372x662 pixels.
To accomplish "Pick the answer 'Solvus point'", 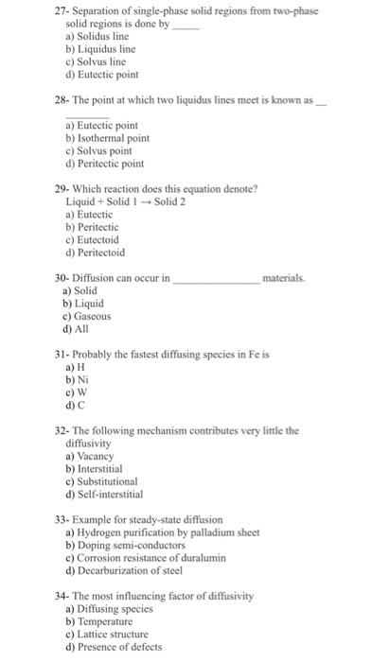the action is [104, 150].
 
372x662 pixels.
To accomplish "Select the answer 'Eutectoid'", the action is [98, 240].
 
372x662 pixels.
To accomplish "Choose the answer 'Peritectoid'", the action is [102, 253].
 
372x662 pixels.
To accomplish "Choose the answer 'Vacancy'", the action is [97, 456].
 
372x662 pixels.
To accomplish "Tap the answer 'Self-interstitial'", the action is [111, 494].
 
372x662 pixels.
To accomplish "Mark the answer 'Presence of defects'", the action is [122, 648].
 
